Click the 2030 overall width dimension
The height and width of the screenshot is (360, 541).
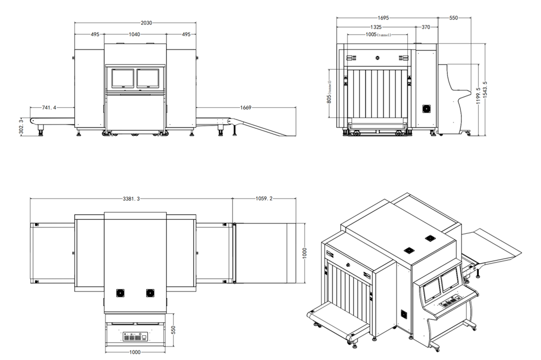(x=146, y=23)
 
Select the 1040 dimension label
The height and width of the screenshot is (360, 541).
(x=134, y=34)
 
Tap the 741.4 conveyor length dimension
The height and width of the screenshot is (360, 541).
(x=49, y=108)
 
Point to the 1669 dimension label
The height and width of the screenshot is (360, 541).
(x=246, y=108)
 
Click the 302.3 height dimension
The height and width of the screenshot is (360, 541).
(x=22, y=127)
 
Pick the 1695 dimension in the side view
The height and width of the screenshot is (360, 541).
(x=383, y=18)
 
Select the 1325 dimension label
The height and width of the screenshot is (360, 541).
(x=376, y=27)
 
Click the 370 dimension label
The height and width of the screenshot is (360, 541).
(x=426, y=27)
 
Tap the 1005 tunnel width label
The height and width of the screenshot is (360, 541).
(x=378, y=35)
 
